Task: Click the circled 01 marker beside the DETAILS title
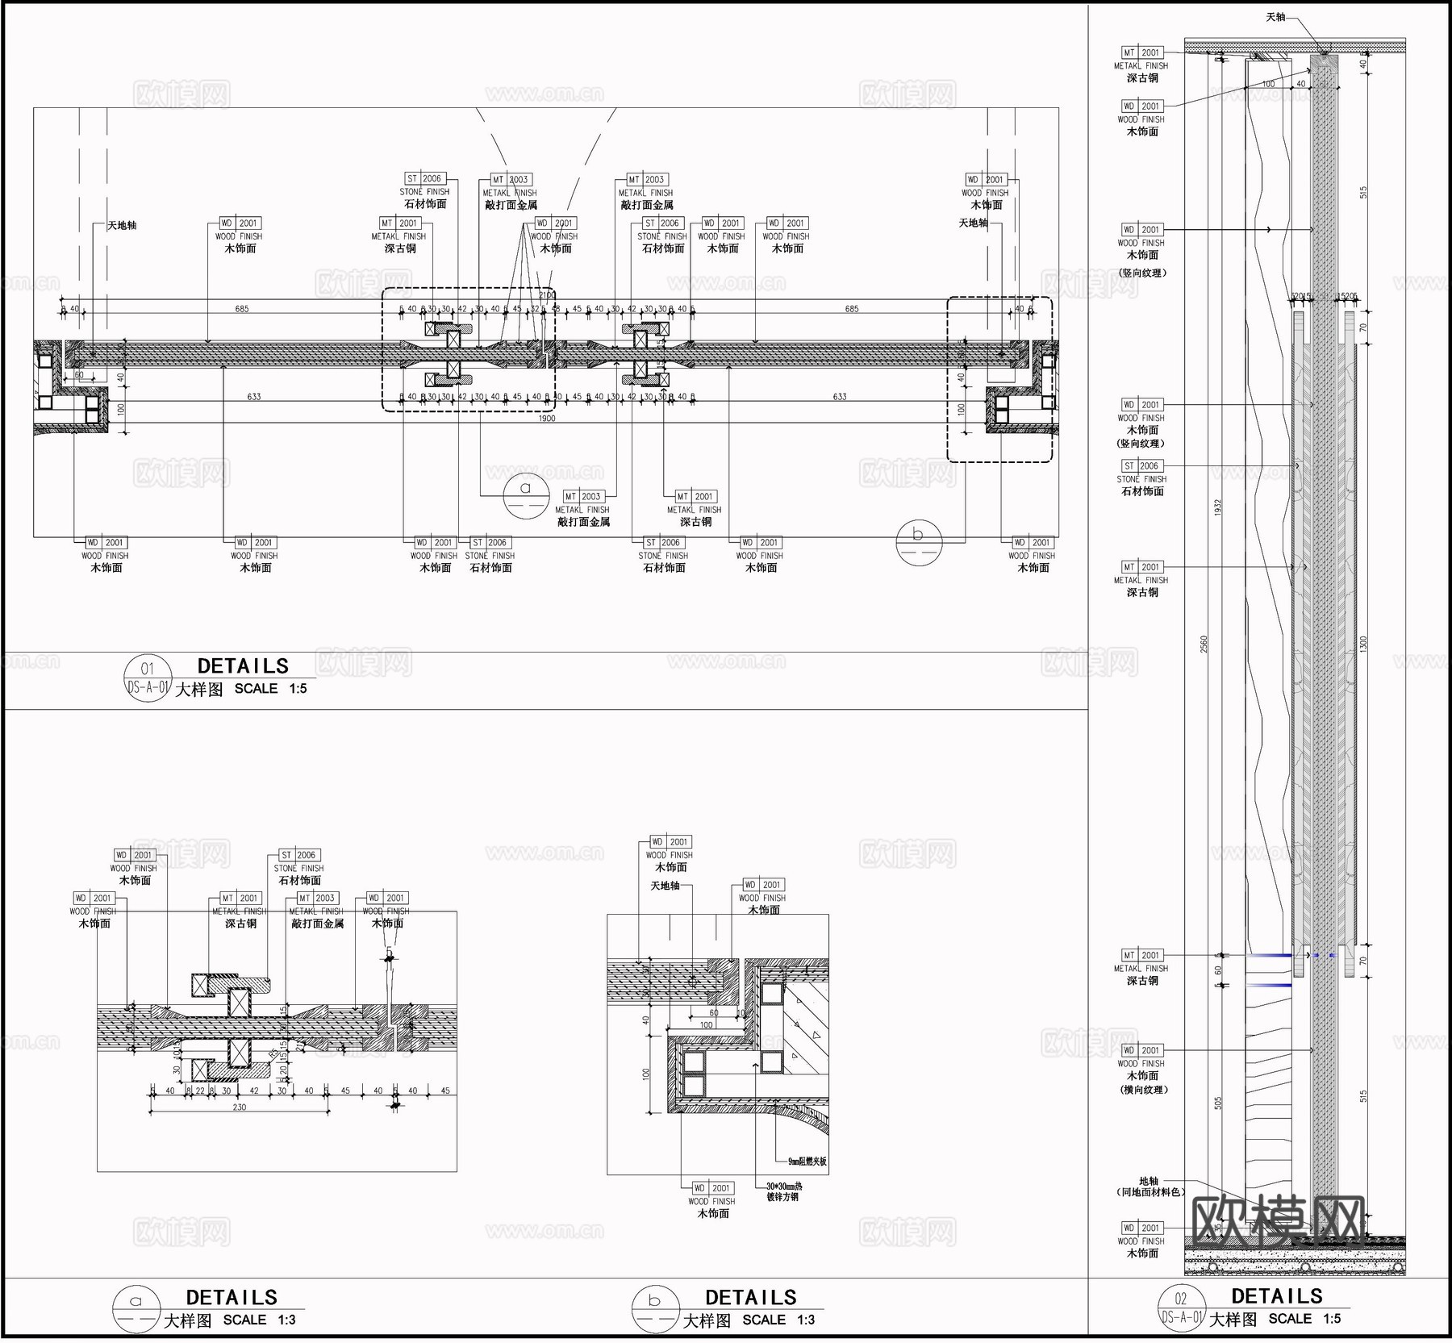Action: pos(147,678)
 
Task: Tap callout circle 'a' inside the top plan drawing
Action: pos(526,494)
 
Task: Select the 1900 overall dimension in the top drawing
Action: pos(546,418)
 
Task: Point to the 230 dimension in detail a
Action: pos(240,1107)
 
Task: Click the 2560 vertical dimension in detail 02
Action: pos(1204,643)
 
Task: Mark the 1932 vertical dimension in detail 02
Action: pos(1218,507)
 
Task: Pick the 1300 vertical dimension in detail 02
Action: pos(1363,643)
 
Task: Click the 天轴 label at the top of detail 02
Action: pos(1275,17)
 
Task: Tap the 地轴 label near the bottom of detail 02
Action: pos(1149,1181)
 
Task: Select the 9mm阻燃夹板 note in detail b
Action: pos(807,1162)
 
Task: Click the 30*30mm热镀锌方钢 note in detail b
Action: pos(783,1191)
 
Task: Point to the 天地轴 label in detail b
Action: pos(665,886)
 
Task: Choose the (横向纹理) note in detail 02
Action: pos(1142,1090)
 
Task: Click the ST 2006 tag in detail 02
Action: pos(1141,465)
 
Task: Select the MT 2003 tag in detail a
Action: pos(317,898)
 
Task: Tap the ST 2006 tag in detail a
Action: pos(299,855)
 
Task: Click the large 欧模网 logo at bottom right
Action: pos(1277,1219)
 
